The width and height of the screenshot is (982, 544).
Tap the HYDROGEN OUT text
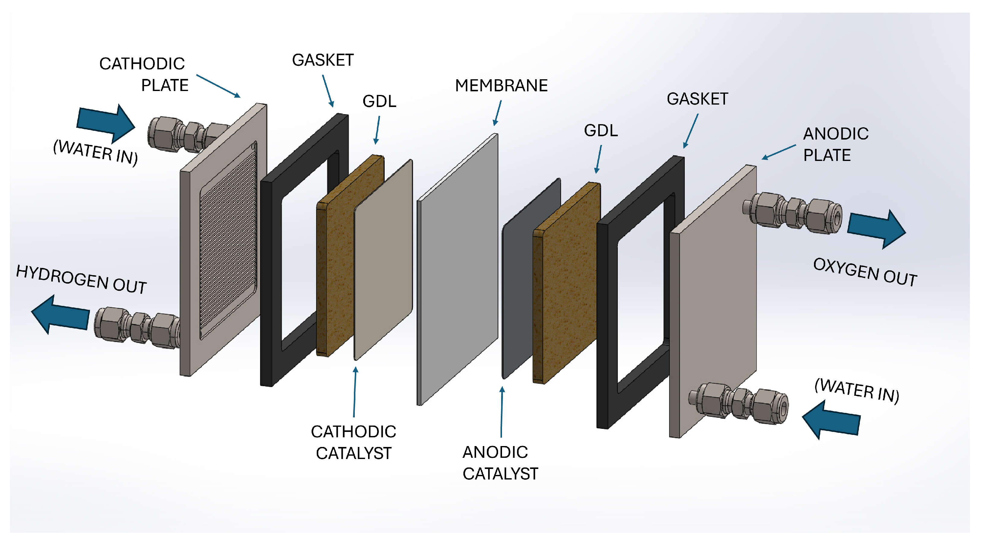pos(81,280)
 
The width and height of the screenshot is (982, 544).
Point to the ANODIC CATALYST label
pos(500,463)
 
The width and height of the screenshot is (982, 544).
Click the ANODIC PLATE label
pos(835,144)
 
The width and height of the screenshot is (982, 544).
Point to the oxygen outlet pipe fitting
pos(793,213)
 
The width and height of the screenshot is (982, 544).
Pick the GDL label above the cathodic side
pos(379,101)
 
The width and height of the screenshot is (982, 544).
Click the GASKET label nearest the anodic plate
pos(697,99)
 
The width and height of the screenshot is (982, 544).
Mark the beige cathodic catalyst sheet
pos(383,259)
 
